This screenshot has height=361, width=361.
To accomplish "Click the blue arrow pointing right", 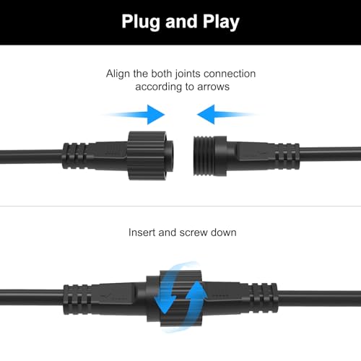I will pos(137,114).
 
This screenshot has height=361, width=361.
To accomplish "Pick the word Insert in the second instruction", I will pos(142,233).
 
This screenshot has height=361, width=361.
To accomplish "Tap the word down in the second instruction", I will pos(224,233).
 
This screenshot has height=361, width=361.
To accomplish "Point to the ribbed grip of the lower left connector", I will pos(80,296).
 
